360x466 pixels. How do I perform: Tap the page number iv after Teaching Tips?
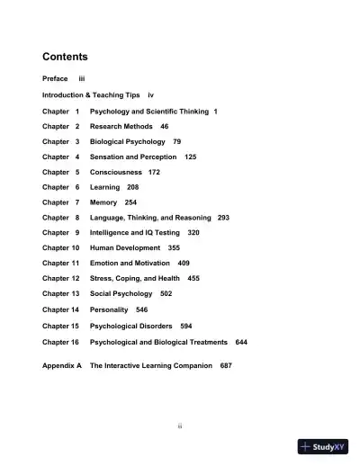(151, 94)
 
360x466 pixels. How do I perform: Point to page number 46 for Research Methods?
(164, 127)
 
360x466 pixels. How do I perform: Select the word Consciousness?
(114, 173)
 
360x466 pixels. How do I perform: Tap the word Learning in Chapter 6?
(104, 188)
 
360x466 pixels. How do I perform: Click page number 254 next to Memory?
(130, 202)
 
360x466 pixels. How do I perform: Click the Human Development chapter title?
(125, 247)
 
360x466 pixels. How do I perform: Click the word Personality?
(109, 309)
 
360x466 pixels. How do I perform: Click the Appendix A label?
(62, 366)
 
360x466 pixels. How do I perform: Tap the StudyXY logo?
(323, 446)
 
